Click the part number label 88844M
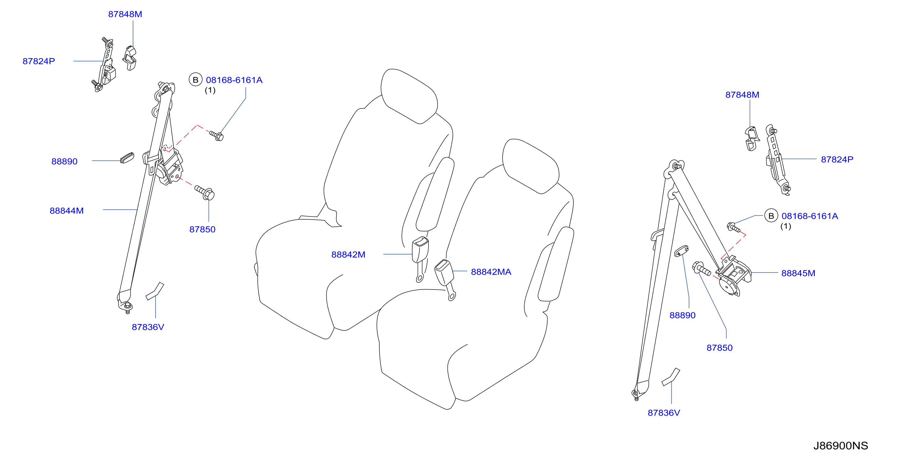pyautogui.click(x=67, y=211)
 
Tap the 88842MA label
pyautogui.click(x=491, y=272)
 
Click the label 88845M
pyautogui.click(x=798, y=273)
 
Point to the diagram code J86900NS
pyautogui.click(x=840, y=445)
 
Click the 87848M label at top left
pyautogui.click(x=125, y=14)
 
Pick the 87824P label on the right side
pyautogui.click(x=837, y=159)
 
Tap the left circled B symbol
pyautogui.click(x=196, y=80)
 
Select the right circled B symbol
pyautogui.click(x=771, y=216)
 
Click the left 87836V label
pyautogui.click(x=148, y=327)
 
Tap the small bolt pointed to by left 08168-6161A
pyautogui.click(x=217, y=135)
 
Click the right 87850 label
pyautogui.click(x=719, y=348)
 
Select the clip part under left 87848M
pyautogui.click(x=130, y=58)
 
